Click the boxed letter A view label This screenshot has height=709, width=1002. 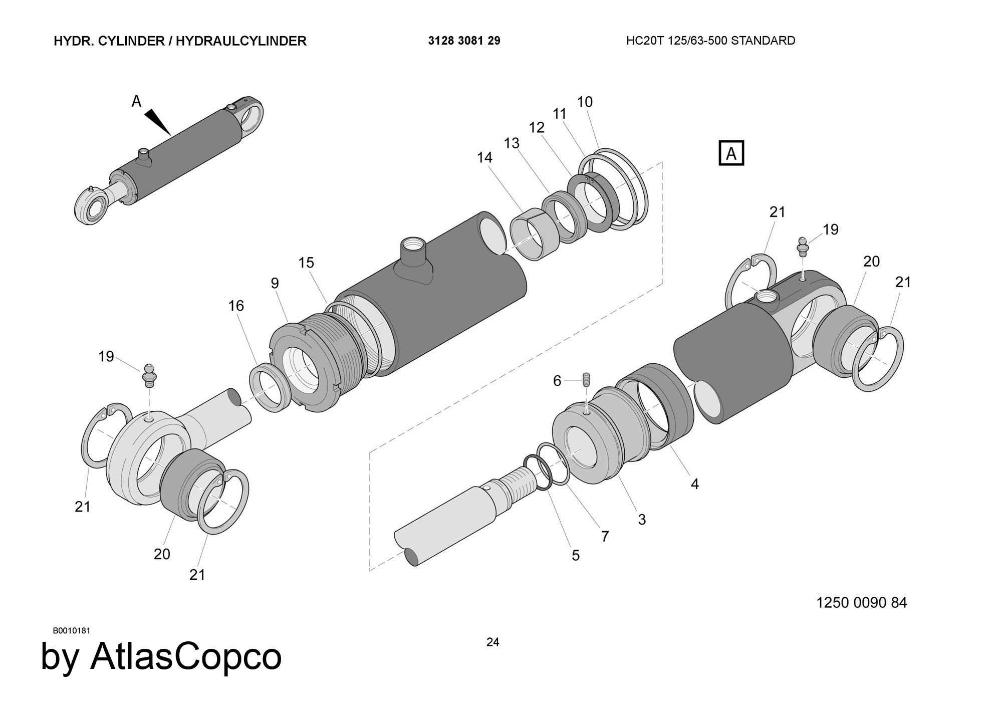point(731,153)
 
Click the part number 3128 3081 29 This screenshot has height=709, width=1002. point(464,41)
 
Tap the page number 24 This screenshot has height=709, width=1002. point(492,642)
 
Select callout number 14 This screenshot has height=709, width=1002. point(484,157)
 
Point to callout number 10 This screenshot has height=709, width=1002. point(585,102)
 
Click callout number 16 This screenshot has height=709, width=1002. point(236,306)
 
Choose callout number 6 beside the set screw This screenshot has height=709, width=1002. point(557,381)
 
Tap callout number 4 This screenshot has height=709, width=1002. point(694,484)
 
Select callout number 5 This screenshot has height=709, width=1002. point(575,555)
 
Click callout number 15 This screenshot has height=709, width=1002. point(306,263)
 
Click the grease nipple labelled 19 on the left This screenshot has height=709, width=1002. point(149,375)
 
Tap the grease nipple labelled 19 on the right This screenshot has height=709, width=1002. point(803,247)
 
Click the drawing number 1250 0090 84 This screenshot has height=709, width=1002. point(861,602)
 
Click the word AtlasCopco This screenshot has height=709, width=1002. point(186,656)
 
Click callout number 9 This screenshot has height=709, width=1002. point(275,283)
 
